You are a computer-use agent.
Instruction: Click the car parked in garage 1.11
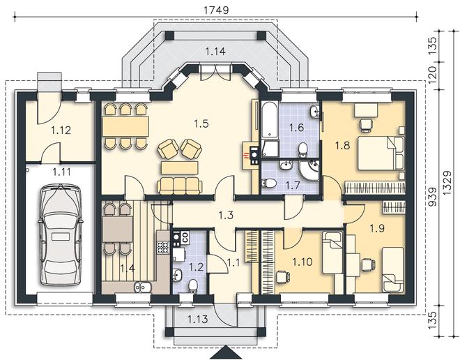(x=60, y=234)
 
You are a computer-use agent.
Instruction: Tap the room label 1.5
(x=201, y=123)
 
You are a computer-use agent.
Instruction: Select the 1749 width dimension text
(x=216, y=10)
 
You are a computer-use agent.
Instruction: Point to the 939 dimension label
(x=433, y=197)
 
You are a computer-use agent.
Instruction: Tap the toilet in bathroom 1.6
(x=302, y=149)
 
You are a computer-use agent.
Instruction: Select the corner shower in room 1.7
(x=309, y=170)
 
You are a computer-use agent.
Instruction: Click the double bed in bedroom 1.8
(x=381, y=153)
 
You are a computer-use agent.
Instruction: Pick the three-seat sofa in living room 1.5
(x=180, y=186)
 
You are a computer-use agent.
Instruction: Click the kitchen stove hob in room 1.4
(x=163, y=247)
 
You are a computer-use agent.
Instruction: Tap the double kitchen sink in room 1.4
(x=143, y=287)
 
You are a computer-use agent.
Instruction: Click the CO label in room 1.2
(x=185, y=237)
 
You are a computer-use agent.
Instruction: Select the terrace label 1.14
(x=215, y=52)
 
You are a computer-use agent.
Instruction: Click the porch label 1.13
(x=198, y=319)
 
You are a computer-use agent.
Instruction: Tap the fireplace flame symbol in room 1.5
(x=245, y=156)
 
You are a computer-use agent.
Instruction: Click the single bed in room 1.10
(x=332, y=253)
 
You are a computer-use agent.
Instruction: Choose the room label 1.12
(x=61, y=130)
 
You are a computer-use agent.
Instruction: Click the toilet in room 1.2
(x=193, y=286)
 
